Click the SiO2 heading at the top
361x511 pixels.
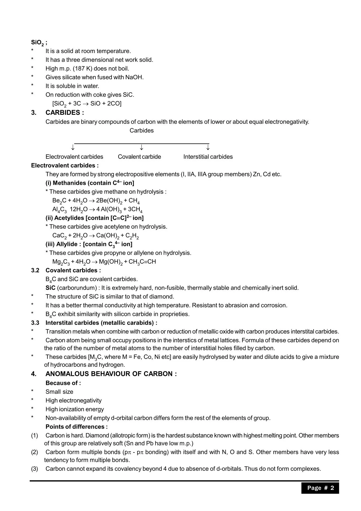click(38, 43)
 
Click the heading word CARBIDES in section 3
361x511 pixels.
click(63, 113)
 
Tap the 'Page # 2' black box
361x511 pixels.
click(320, 488)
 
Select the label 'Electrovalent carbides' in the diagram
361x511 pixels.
click(74, 157)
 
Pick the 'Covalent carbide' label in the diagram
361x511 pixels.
click(139, 157)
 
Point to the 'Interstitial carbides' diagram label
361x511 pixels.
click(208, 157)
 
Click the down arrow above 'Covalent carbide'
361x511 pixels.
click(141, 147)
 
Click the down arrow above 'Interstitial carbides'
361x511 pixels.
click(208, 147)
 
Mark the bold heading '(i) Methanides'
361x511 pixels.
click(70, 183)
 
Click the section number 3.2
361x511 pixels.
click(35, 270)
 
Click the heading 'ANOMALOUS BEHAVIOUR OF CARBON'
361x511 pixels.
click(111, 374)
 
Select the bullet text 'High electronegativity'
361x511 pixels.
click(73, 401)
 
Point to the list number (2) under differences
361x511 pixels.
click(35, 452)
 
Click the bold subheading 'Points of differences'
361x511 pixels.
click(76, 427)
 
